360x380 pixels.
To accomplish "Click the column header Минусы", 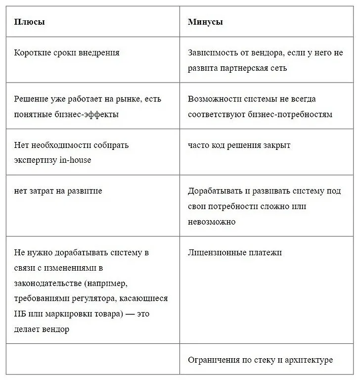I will pos(205,22).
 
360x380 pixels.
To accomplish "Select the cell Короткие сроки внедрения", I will pos(67,52).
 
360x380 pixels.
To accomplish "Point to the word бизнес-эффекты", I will pos(88,114).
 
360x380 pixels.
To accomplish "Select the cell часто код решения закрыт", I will pos(239,145).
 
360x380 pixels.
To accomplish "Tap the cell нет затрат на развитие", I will pos(58,191).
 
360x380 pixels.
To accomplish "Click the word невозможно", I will pos(212,222).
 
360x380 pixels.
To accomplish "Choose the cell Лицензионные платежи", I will pos(235,252).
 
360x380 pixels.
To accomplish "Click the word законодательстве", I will pos(45,283).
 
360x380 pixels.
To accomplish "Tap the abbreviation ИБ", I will pos(20,314).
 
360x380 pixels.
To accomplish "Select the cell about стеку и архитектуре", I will pos(261,360).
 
